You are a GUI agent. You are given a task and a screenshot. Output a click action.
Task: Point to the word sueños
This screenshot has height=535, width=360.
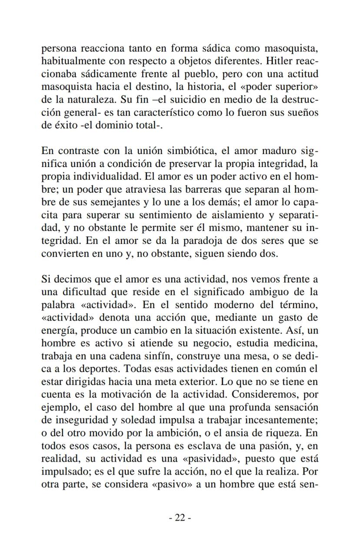[x=303, y=111]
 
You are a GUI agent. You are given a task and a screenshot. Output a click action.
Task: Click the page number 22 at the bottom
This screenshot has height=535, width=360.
[x=180, y=518]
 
